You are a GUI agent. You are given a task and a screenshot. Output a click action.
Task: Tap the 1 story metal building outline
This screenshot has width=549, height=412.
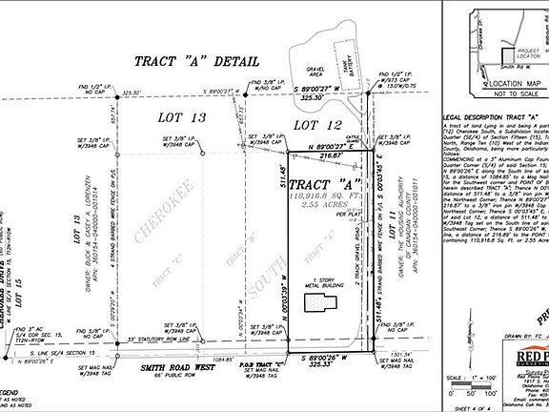(x=320, y=303)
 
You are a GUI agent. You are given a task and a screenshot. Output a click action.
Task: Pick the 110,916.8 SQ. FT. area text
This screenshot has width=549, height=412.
(x=323, y=195)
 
